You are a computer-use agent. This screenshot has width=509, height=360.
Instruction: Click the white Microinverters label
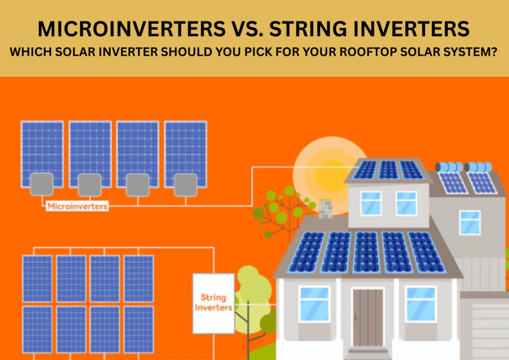click(x=77, y=206)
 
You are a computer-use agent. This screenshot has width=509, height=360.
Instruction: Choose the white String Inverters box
click(x=213, y=303)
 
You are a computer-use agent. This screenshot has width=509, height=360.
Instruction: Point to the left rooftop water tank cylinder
click(x=449, y=167)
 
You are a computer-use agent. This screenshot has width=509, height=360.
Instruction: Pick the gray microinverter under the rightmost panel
click(x=185, y=184)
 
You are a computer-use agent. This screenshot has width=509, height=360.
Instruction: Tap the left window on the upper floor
click(x=371, y=203)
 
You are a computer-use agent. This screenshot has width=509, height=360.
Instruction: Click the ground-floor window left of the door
click(x=314, y=304)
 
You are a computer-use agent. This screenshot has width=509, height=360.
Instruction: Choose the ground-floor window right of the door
click(x=421, y=304)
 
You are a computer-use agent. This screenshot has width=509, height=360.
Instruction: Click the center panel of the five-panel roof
click(x=368, y=252)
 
